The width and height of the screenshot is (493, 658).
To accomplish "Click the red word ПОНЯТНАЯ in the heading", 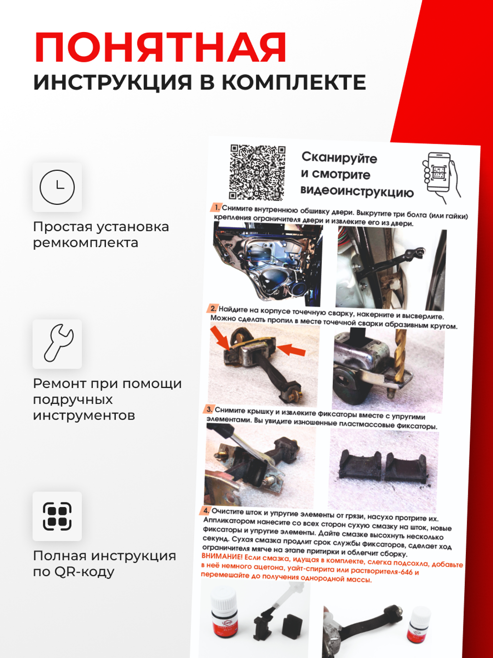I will [160, 48].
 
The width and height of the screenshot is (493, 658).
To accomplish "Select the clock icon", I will [57, 188].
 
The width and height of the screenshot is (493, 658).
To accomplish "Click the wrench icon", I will [57, 344].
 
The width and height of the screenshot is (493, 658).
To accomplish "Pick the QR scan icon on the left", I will [57, 516].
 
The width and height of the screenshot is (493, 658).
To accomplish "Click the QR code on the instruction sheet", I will [257, 172].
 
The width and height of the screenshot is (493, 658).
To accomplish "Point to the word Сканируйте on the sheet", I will [339, 158].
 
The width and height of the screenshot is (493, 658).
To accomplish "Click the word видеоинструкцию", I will [357, 191].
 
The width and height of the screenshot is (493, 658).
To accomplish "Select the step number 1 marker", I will [216, 207].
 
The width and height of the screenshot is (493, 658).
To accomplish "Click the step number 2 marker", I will [212, 309].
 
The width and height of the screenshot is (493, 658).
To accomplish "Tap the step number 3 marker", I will [209, 409].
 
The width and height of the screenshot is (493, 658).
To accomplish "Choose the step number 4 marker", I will [206, 510].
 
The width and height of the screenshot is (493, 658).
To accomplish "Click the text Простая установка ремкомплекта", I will [101, 234].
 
